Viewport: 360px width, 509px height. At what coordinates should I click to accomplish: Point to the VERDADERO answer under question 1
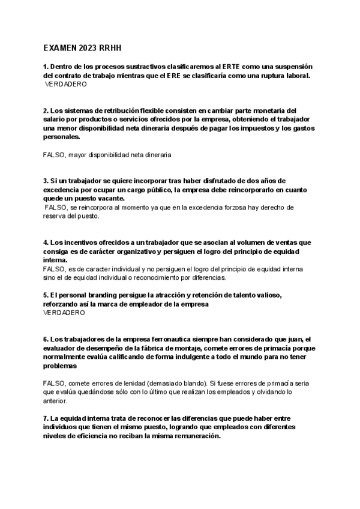(x=66, y=85)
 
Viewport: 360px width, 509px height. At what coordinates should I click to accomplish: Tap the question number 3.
(x=46, y=181)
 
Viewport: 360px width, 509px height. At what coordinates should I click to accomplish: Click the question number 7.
(x=46, y=418)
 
